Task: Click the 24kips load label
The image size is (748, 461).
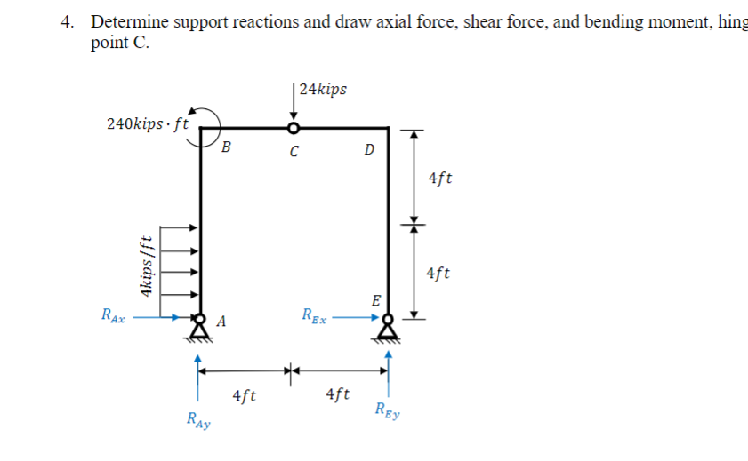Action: click(324, 89)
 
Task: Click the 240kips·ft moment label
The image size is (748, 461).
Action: click(147, 124)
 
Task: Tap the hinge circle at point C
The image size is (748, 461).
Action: click(294, 129)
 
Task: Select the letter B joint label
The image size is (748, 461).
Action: click(226, 147)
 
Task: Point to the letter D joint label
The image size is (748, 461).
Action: click(369, 147)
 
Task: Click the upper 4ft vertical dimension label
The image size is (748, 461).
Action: click(439, 178)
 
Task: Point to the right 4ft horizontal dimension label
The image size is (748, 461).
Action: click(339, 393)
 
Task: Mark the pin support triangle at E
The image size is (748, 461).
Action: click(387, 330)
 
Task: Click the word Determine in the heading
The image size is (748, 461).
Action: click(125, 22)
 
